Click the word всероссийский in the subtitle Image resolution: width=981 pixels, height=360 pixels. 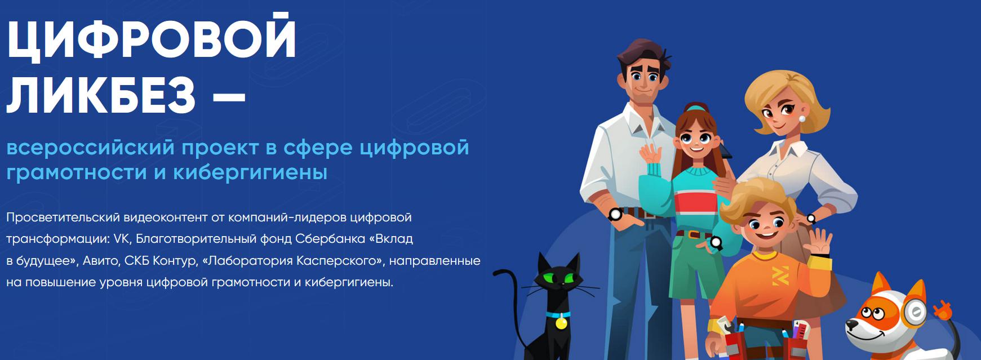coord(90,148)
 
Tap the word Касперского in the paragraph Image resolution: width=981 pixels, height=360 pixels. coord(334,260)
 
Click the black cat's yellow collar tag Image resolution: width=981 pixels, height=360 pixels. coord(561,323)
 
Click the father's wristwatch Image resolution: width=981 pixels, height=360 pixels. coord(615,214)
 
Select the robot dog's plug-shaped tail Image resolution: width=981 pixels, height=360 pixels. coord(942,309)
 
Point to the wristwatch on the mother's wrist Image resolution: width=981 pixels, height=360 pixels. coord(811,219)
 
